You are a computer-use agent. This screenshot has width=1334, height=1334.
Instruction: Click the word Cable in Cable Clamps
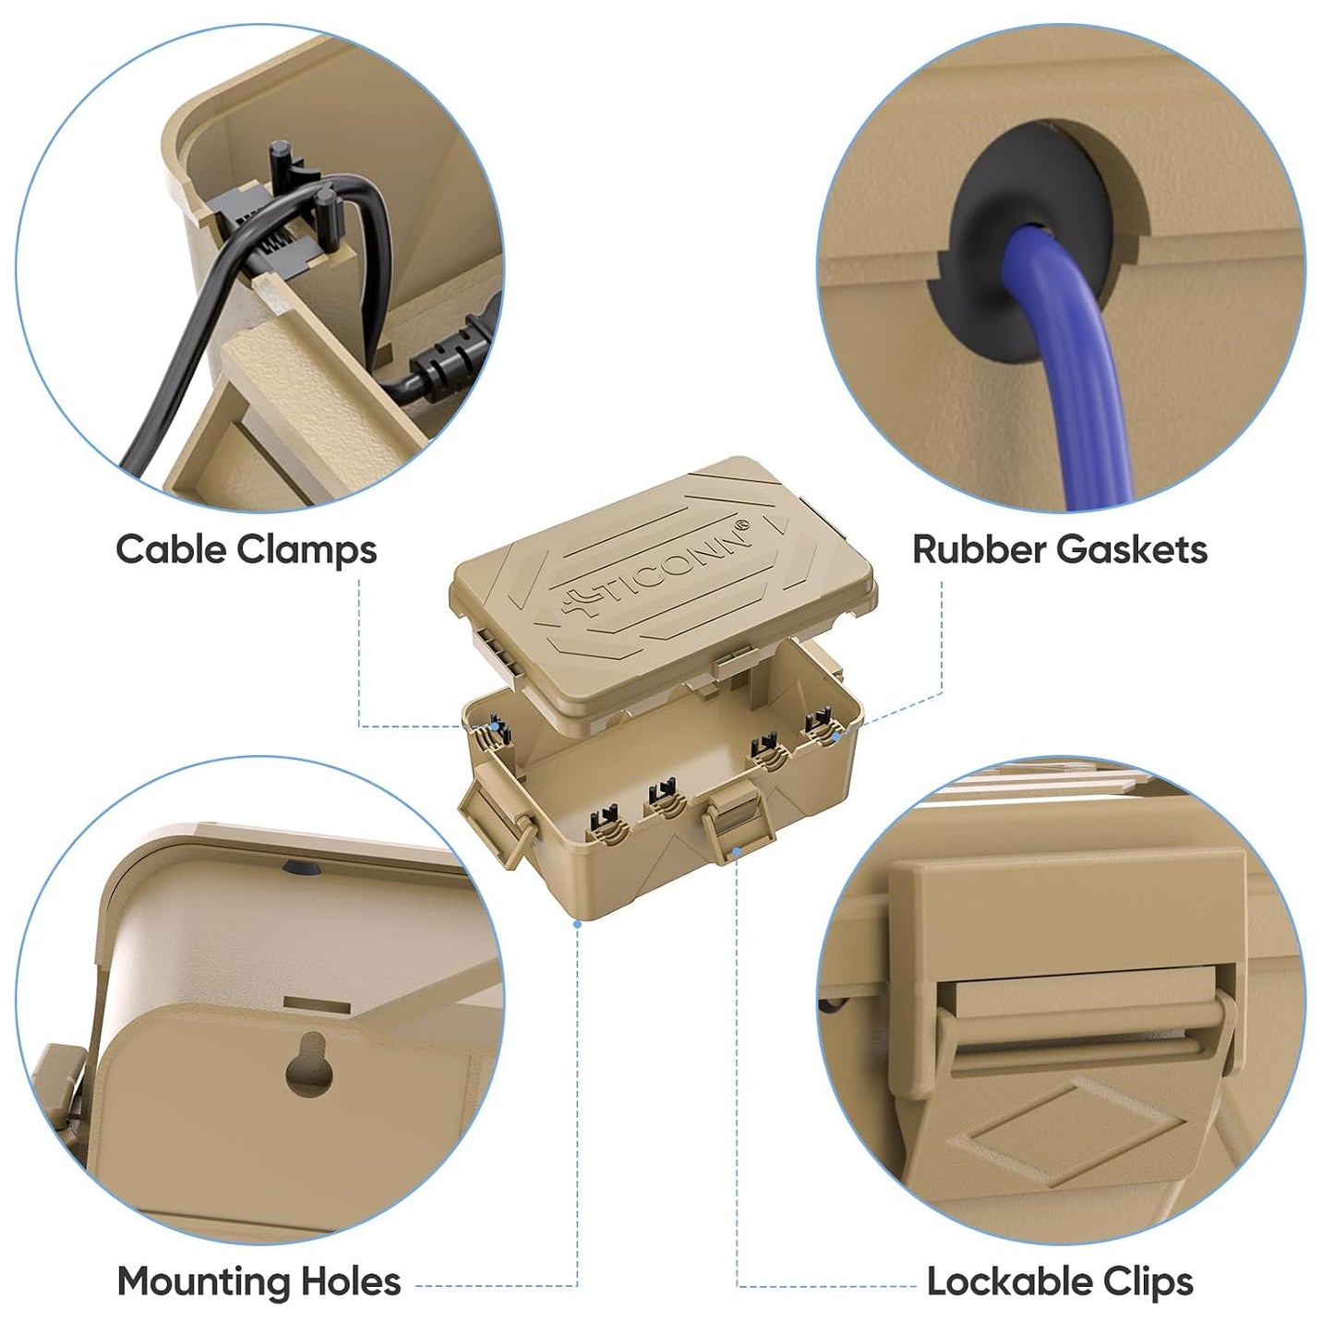[x=170, y=549]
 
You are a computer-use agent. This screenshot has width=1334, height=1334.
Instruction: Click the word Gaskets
[x=1132, y=549]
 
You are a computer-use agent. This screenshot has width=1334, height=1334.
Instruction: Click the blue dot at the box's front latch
[x=737, y=851]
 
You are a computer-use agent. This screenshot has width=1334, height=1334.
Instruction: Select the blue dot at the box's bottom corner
[x=577, y=924]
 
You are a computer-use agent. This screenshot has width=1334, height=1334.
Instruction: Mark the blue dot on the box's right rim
[x=837, y=737]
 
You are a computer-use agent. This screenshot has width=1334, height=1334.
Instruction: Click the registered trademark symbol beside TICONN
[x=742, y=525]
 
